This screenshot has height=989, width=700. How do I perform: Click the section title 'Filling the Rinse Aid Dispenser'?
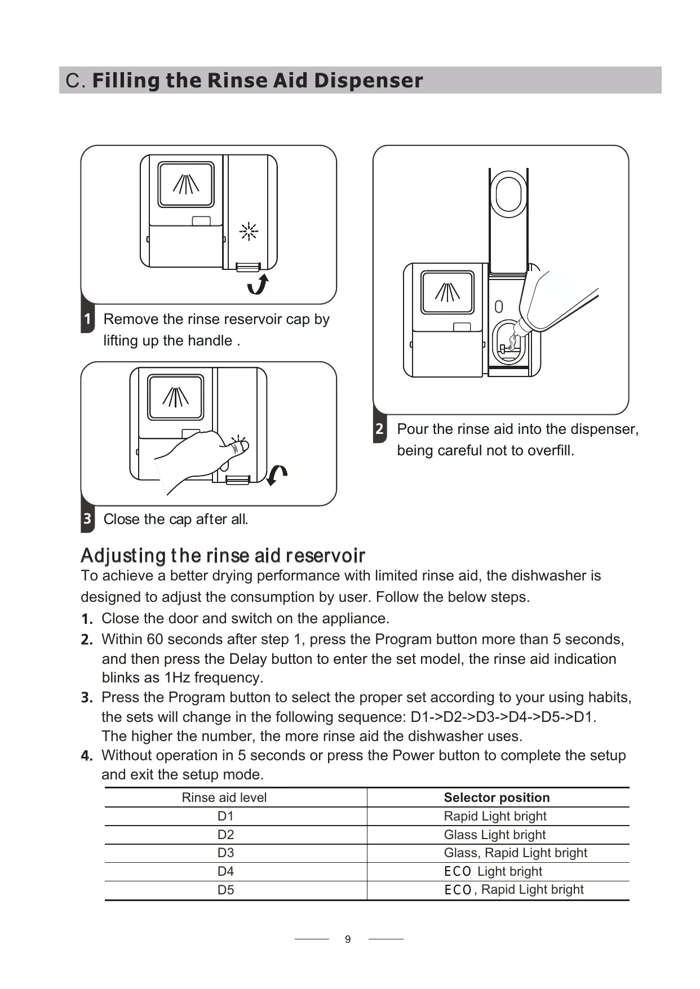[x=257, y=81]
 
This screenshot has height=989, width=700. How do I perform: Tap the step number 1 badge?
[x=87, y=320]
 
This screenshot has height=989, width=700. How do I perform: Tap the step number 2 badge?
[x=379, y=429]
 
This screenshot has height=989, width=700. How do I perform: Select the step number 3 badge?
[x=87, y=519]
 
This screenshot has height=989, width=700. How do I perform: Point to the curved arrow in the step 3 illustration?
[x=277, y=474]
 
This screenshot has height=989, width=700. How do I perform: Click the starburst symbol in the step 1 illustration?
[x=249, y=232]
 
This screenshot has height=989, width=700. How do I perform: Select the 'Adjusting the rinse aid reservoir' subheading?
[x=223, y=556]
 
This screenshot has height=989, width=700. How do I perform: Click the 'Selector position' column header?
[x=497, y=797]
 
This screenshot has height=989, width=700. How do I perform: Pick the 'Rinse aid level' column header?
[x=224, y=797]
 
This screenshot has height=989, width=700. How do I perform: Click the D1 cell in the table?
[x=225, y=816]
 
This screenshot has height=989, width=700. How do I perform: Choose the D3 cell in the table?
[x=225, y=853]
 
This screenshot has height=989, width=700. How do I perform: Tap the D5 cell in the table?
[x=225, y=890]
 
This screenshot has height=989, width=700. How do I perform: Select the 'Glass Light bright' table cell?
[x=494, y=835]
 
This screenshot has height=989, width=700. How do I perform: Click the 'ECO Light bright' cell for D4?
[x=493, y=871]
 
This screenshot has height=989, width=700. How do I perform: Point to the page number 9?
[x=348, y=939]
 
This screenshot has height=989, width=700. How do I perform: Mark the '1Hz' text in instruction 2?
[x=177, y=677]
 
